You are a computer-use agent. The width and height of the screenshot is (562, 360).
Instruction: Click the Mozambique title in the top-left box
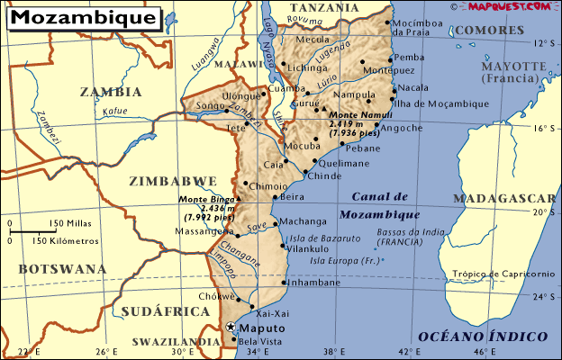86,18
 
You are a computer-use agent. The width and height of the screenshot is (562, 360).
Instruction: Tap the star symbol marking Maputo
231,328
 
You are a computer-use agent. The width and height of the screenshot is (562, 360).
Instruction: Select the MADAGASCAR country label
503,198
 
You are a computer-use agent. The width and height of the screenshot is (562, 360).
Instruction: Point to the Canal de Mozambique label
380,206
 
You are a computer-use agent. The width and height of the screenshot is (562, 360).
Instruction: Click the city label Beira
293,196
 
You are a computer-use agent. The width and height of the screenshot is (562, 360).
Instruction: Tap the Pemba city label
409,57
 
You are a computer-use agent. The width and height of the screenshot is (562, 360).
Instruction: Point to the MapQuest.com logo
509,6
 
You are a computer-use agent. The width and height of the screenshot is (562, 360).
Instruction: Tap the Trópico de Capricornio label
503,274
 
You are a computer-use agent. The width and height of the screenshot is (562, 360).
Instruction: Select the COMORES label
485,30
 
